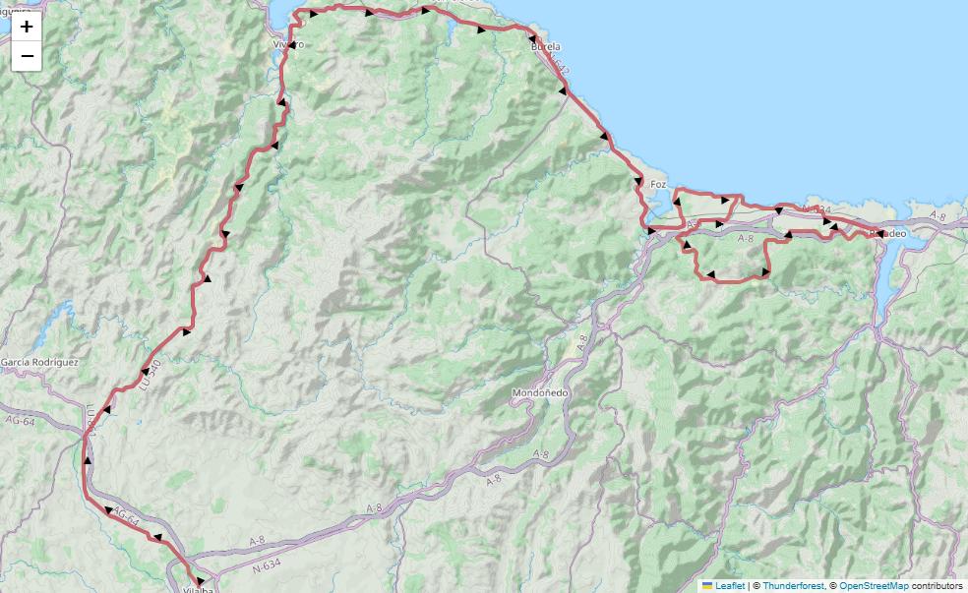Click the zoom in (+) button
point(27,27)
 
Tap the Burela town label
point(545,46)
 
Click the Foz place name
point(658,184)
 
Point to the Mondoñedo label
point(540,393)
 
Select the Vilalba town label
point(198,588)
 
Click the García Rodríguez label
point(39,362)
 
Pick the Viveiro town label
point(288,45)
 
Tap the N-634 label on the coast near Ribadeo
point(817,209)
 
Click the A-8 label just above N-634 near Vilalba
point(257,540)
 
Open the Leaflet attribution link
point(729,586)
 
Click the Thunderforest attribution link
point(793,586)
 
